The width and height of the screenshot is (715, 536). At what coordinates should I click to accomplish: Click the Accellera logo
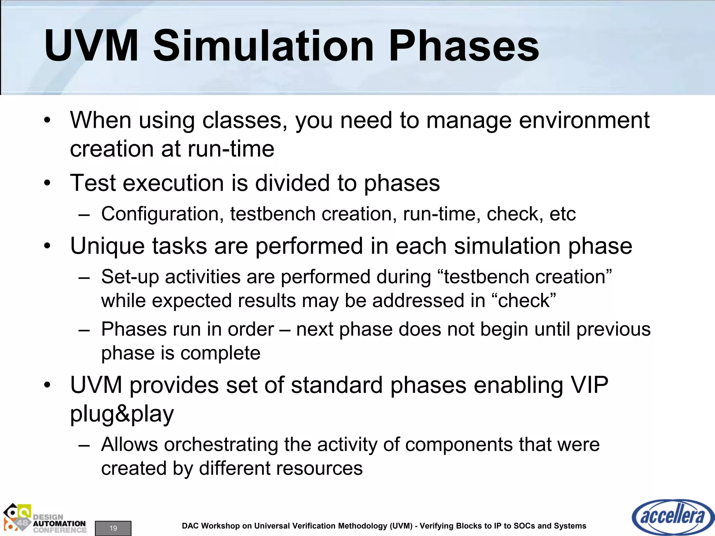point(672,517)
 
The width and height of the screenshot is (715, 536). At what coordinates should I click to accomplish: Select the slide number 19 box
point(113,528)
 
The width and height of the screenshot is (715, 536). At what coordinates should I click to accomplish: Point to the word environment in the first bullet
point(584,120)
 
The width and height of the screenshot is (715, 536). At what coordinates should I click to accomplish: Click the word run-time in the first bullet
point(231,149)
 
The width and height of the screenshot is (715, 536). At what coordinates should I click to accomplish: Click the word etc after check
point(562,214)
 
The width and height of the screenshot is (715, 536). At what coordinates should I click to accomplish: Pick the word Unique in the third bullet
point(108,246)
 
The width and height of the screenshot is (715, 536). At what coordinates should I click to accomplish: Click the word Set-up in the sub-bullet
point(130,277)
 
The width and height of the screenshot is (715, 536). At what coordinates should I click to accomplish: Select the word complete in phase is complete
point(220,353)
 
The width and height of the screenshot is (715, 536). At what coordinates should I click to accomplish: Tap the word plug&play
point(122,414)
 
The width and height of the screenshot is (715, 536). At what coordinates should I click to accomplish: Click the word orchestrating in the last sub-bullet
point(221,445)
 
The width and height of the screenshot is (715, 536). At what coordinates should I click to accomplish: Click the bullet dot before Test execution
point(47,183)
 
